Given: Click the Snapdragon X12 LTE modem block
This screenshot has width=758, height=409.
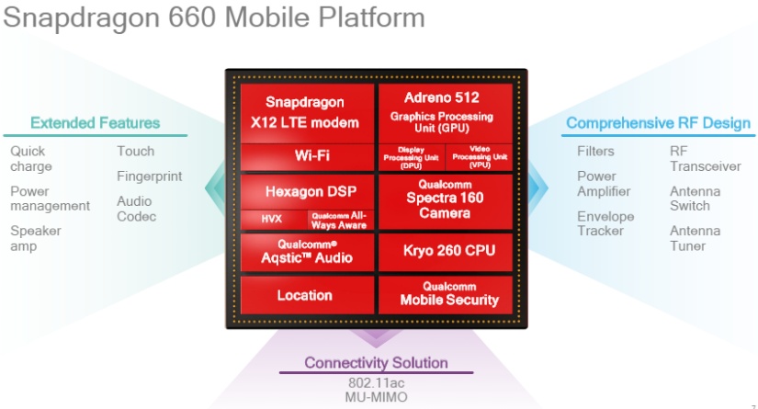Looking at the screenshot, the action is point(308,114).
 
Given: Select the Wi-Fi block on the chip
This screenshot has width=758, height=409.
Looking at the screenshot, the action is point(308,157).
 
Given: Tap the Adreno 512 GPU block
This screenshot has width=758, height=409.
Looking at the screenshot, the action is point(446,114).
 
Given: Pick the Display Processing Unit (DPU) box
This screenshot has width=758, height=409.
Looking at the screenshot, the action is point(412,157).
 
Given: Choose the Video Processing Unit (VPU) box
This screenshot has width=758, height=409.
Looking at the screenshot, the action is point(479,157).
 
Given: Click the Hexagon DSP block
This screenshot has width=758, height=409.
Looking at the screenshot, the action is point(308,192).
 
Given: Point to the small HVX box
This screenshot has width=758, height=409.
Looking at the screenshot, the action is point(274,220).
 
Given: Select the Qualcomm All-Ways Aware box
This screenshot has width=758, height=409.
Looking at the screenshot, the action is point(341,220).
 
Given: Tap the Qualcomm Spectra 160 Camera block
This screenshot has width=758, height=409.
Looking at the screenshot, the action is point(446,201).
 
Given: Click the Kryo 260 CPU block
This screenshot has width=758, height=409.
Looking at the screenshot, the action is point(446,253).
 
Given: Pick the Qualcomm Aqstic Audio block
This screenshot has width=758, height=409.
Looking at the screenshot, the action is point(308,253).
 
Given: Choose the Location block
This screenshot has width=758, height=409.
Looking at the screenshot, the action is point(308,295).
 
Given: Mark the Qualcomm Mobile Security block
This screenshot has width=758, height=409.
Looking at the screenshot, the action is point(446,295).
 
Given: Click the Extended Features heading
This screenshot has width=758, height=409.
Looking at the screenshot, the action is point(96,123).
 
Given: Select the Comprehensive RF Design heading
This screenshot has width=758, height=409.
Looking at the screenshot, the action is point(659,123).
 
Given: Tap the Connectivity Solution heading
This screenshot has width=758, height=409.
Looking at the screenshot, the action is point(376,363).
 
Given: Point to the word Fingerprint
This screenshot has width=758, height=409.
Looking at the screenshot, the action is point(150,176).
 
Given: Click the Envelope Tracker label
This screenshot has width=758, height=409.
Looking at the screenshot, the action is point(605,223).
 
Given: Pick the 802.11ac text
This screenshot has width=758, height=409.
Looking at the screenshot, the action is point(376,383).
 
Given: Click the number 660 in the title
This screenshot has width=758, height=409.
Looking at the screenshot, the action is point(192,17).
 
